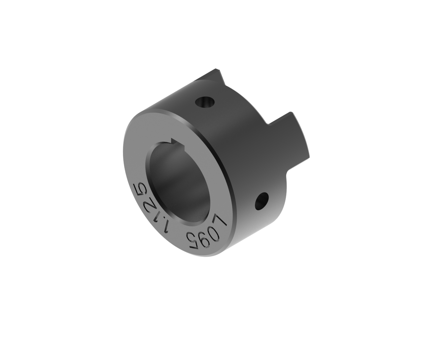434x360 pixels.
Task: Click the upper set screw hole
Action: point(205,102)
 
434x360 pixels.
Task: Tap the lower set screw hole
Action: point(261,201)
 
